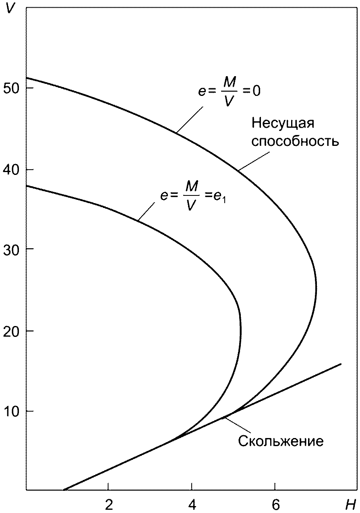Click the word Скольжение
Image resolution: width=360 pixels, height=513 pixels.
point(281,441)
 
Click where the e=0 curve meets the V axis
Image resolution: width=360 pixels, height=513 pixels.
point(27,78)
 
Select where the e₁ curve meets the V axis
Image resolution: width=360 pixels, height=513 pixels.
point(27,186)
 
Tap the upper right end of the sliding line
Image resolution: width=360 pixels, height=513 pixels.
point(341,364)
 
